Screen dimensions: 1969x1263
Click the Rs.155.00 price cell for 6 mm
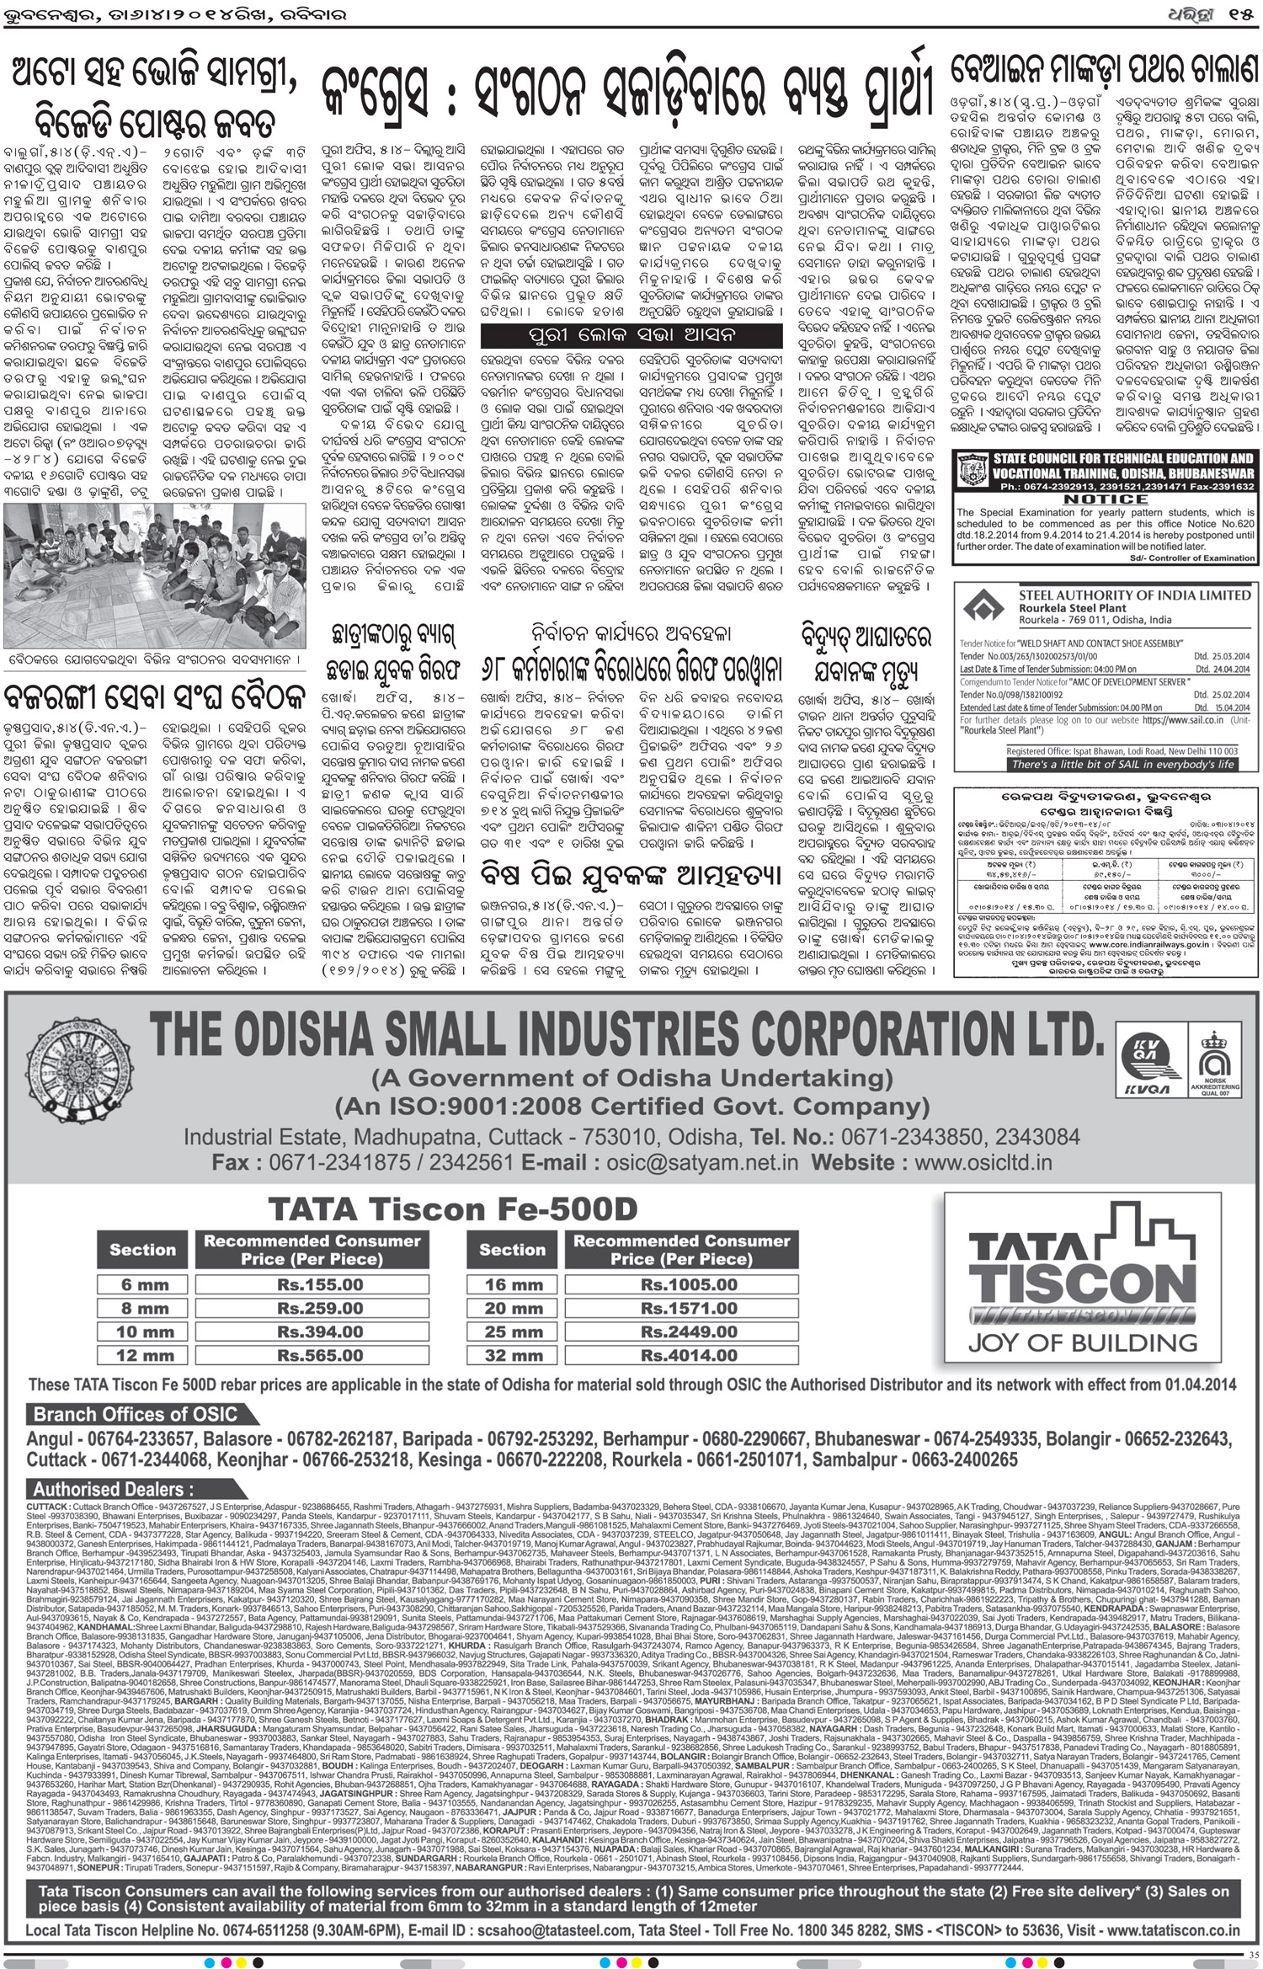320,1285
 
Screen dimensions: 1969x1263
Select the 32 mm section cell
508,1356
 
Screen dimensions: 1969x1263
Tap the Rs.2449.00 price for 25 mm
689,1332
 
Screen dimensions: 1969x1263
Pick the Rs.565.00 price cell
320,1356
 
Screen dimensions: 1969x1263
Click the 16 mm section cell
508,1285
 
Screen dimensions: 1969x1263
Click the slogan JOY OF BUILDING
1082,1342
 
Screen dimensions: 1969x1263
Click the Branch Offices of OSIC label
136,1414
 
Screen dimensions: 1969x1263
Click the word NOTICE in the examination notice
1105,499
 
